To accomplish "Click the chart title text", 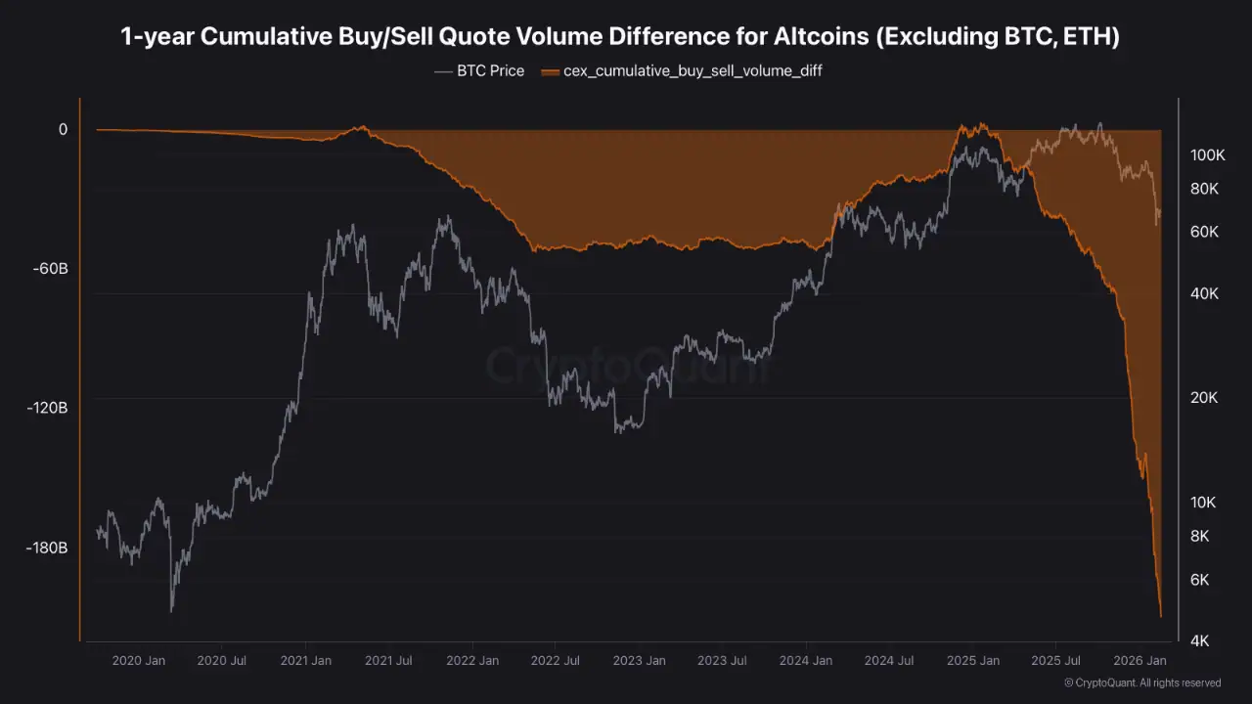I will click(x=620, y=37).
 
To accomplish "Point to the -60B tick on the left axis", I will click(x=48, y=269).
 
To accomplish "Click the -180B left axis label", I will click(x=45, y=549).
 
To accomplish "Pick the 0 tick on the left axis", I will click(x=63, y=129).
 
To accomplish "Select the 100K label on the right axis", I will click(x=1208, y=154).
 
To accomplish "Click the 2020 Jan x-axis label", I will click(x=139, y=661).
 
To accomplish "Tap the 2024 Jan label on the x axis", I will click(x=806, y=661).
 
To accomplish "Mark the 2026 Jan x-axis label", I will click(x=1139, y=661).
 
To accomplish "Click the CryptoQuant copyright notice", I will click(x=1141, y=682).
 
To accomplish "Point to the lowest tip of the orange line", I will click(x=1161, y=617).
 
